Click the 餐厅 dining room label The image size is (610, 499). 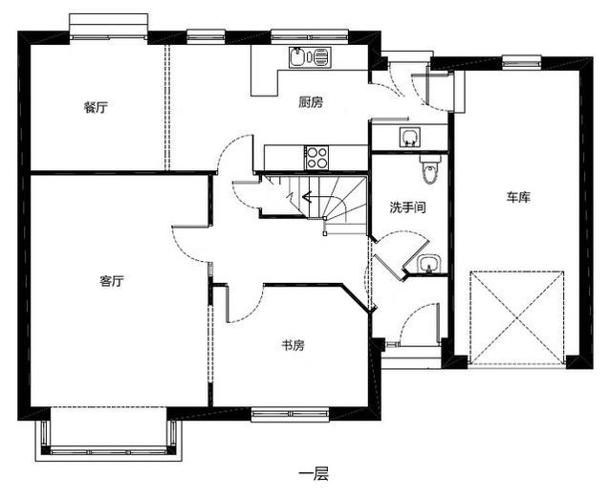coord(95,107)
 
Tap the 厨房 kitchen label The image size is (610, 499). coord(310,102)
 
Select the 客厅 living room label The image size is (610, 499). coord(112,281)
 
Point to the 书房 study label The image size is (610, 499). coord(293,345)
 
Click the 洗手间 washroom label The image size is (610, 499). coord(406,206)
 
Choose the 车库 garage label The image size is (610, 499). coord(518,197)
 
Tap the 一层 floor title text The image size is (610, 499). coord(313,472)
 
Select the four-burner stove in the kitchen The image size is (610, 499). coord(317,153)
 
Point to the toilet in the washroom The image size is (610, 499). coord(429,170)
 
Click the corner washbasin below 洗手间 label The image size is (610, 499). coord(427,263)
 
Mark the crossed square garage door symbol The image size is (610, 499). coord(516,318)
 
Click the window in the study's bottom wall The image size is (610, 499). coord(289,414)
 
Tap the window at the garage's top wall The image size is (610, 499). coord(518,60)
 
